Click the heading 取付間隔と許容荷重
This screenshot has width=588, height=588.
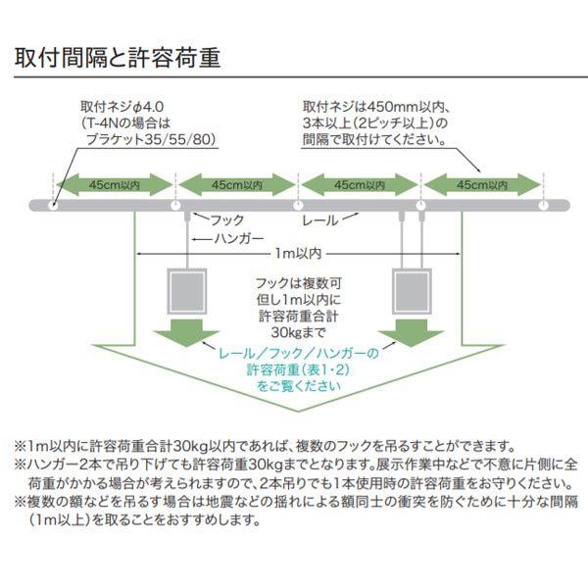point(117,58)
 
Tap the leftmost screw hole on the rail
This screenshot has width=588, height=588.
point(54,206)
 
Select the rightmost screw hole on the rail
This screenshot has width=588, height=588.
point(543,206)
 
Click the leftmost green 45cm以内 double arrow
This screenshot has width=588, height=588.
point(115,184)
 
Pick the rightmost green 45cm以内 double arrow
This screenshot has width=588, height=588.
point(482,184)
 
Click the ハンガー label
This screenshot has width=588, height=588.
point(239,238)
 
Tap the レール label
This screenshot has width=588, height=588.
point(320,220)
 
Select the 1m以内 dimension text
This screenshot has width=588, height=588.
point(299,254)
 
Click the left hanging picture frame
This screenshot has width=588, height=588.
point(187,291)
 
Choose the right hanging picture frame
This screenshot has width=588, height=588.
point(412,291)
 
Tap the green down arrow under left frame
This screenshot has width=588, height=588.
point(186,332)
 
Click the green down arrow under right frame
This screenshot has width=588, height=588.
point(412,332)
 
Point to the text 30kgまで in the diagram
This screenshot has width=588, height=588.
point(299,332)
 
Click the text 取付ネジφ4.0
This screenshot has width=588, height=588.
point(122,107)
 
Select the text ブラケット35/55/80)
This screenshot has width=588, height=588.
point(152,139)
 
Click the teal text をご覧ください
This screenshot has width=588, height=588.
point(299,386)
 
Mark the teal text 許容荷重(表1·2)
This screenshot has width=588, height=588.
point(299,369)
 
